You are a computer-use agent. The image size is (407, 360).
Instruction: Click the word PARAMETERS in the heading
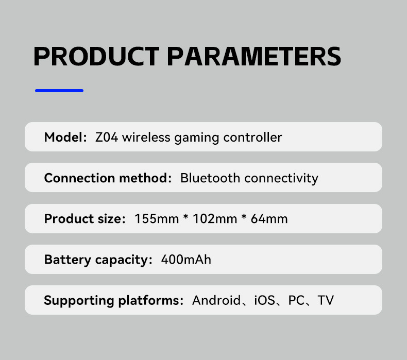click(254, 57)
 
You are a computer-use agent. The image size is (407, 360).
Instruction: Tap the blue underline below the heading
click(59, 91)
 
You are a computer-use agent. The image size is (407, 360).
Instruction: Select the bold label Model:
click(65, 137)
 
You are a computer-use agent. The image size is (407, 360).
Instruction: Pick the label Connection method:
click(108, 178)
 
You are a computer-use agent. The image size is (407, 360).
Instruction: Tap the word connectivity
click(281, 178)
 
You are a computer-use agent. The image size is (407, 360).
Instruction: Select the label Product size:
click(85, 219)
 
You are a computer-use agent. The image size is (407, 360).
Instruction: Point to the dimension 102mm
click(213, 219)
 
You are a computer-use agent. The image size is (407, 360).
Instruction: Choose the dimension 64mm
click(269, 219)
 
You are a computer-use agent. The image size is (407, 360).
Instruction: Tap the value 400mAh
click(186, 260)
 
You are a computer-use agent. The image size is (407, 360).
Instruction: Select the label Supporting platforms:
click(114, 300)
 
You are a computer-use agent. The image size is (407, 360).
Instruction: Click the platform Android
click(216, 300)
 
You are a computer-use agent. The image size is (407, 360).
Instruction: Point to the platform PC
click(297, 300)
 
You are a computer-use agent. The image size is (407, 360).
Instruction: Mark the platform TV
click(326, 300)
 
